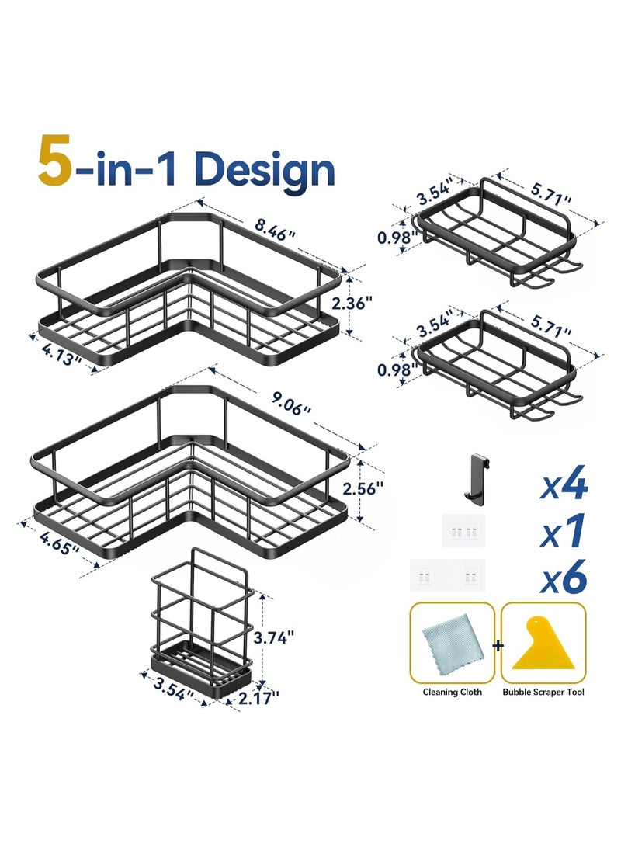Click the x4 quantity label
pyautogui.click(x=564, y=487)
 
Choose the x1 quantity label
pyautogui.click(x=564, y=533)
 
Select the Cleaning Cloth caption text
pyautogui.click(x=452, y=692)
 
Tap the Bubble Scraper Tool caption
pyautogui.click(x=543, y=692)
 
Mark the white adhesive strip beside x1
pyautogui.click(x=463, y=534)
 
